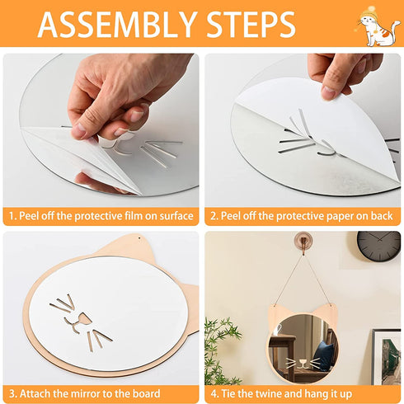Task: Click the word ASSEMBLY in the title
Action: pos(117,24)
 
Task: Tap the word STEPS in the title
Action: pos(251,24)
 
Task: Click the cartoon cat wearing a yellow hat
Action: pos(378,26)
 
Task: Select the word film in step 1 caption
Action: pos(134,216)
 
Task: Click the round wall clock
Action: pos(378,246)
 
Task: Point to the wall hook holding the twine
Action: pos(303,242)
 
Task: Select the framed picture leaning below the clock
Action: pos(386,357)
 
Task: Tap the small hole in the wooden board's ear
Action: pos(139,237)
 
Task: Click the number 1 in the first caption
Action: pos(12,216)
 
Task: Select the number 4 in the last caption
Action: pos(214,393)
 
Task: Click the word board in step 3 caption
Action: pos(146,393)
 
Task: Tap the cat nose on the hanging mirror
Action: pos(303,362)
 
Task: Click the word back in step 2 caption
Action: pos(382,216)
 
